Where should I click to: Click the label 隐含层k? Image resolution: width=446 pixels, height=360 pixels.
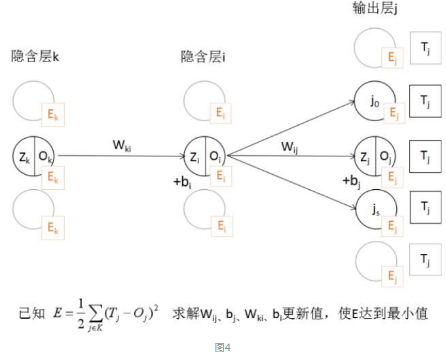point(35,57)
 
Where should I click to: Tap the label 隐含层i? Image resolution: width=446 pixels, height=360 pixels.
point(203,57)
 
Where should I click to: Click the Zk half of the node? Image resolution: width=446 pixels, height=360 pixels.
point(24,156)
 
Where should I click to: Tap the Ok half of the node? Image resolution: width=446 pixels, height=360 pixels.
point(43,156)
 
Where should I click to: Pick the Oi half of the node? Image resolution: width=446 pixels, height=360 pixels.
point(215,156)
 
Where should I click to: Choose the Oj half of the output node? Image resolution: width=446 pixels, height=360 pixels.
point(385,156)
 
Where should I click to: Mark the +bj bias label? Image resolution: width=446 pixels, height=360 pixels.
point(351,180)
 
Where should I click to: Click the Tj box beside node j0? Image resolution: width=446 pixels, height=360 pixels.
point(424,101)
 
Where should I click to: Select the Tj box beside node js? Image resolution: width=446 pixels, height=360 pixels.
point(424,209)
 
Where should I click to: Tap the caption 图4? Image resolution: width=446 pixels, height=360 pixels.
point(223,348)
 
